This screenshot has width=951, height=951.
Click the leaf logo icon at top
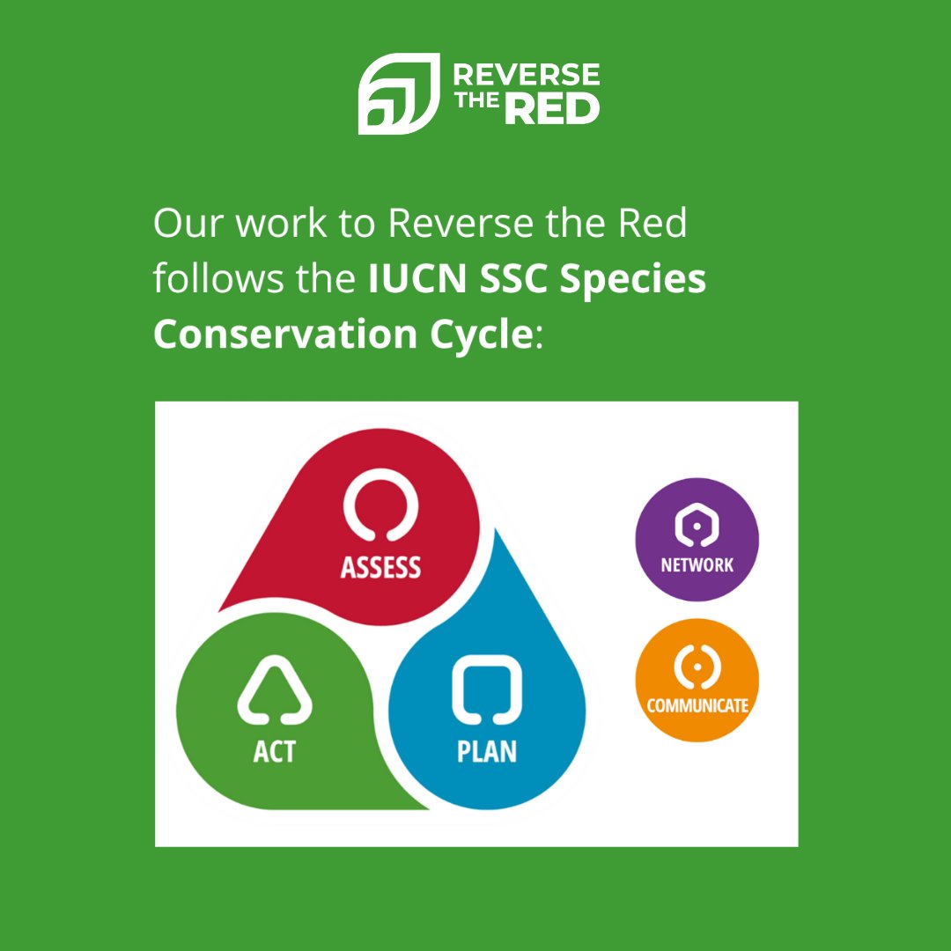(397, 93)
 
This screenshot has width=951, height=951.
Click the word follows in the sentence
(210, 280)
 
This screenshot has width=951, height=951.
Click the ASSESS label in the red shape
(380, 567)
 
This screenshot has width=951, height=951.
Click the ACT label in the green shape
(274, 751)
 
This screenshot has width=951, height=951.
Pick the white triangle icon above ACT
(274, 690)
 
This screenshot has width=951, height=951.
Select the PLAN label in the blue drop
(486, 751)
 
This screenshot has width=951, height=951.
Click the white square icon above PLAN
(486, 689)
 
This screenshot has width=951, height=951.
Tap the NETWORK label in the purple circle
(697, 565)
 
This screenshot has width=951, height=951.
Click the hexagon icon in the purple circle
(697, 527)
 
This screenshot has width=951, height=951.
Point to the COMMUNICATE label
(697, 705)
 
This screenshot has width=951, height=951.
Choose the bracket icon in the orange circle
(697, 667)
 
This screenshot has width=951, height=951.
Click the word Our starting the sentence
(183, 224)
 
